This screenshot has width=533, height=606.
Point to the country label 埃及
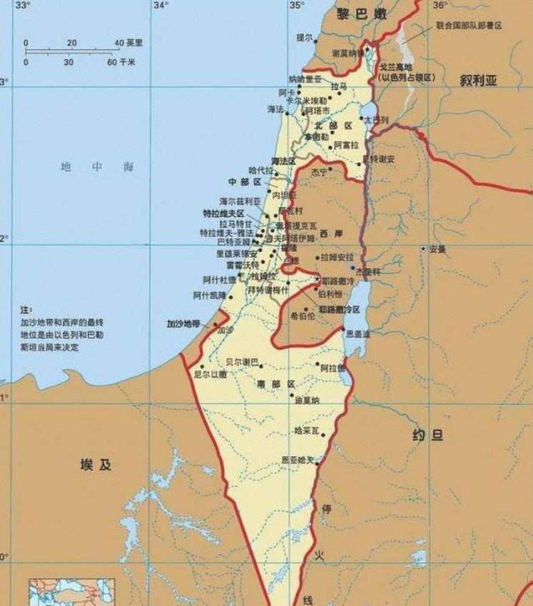pos(96,465)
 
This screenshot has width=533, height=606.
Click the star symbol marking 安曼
pos(424,249)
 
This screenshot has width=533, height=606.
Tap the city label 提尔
pos(304,37)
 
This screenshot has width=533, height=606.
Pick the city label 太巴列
pos(376,120)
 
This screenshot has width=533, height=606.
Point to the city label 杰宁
pos(319,172)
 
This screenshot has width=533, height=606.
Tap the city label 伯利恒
pos(330,293)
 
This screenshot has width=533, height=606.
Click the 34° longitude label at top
pos(161,6)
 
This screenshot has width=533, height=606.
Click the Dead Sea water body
pos(351,307)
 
